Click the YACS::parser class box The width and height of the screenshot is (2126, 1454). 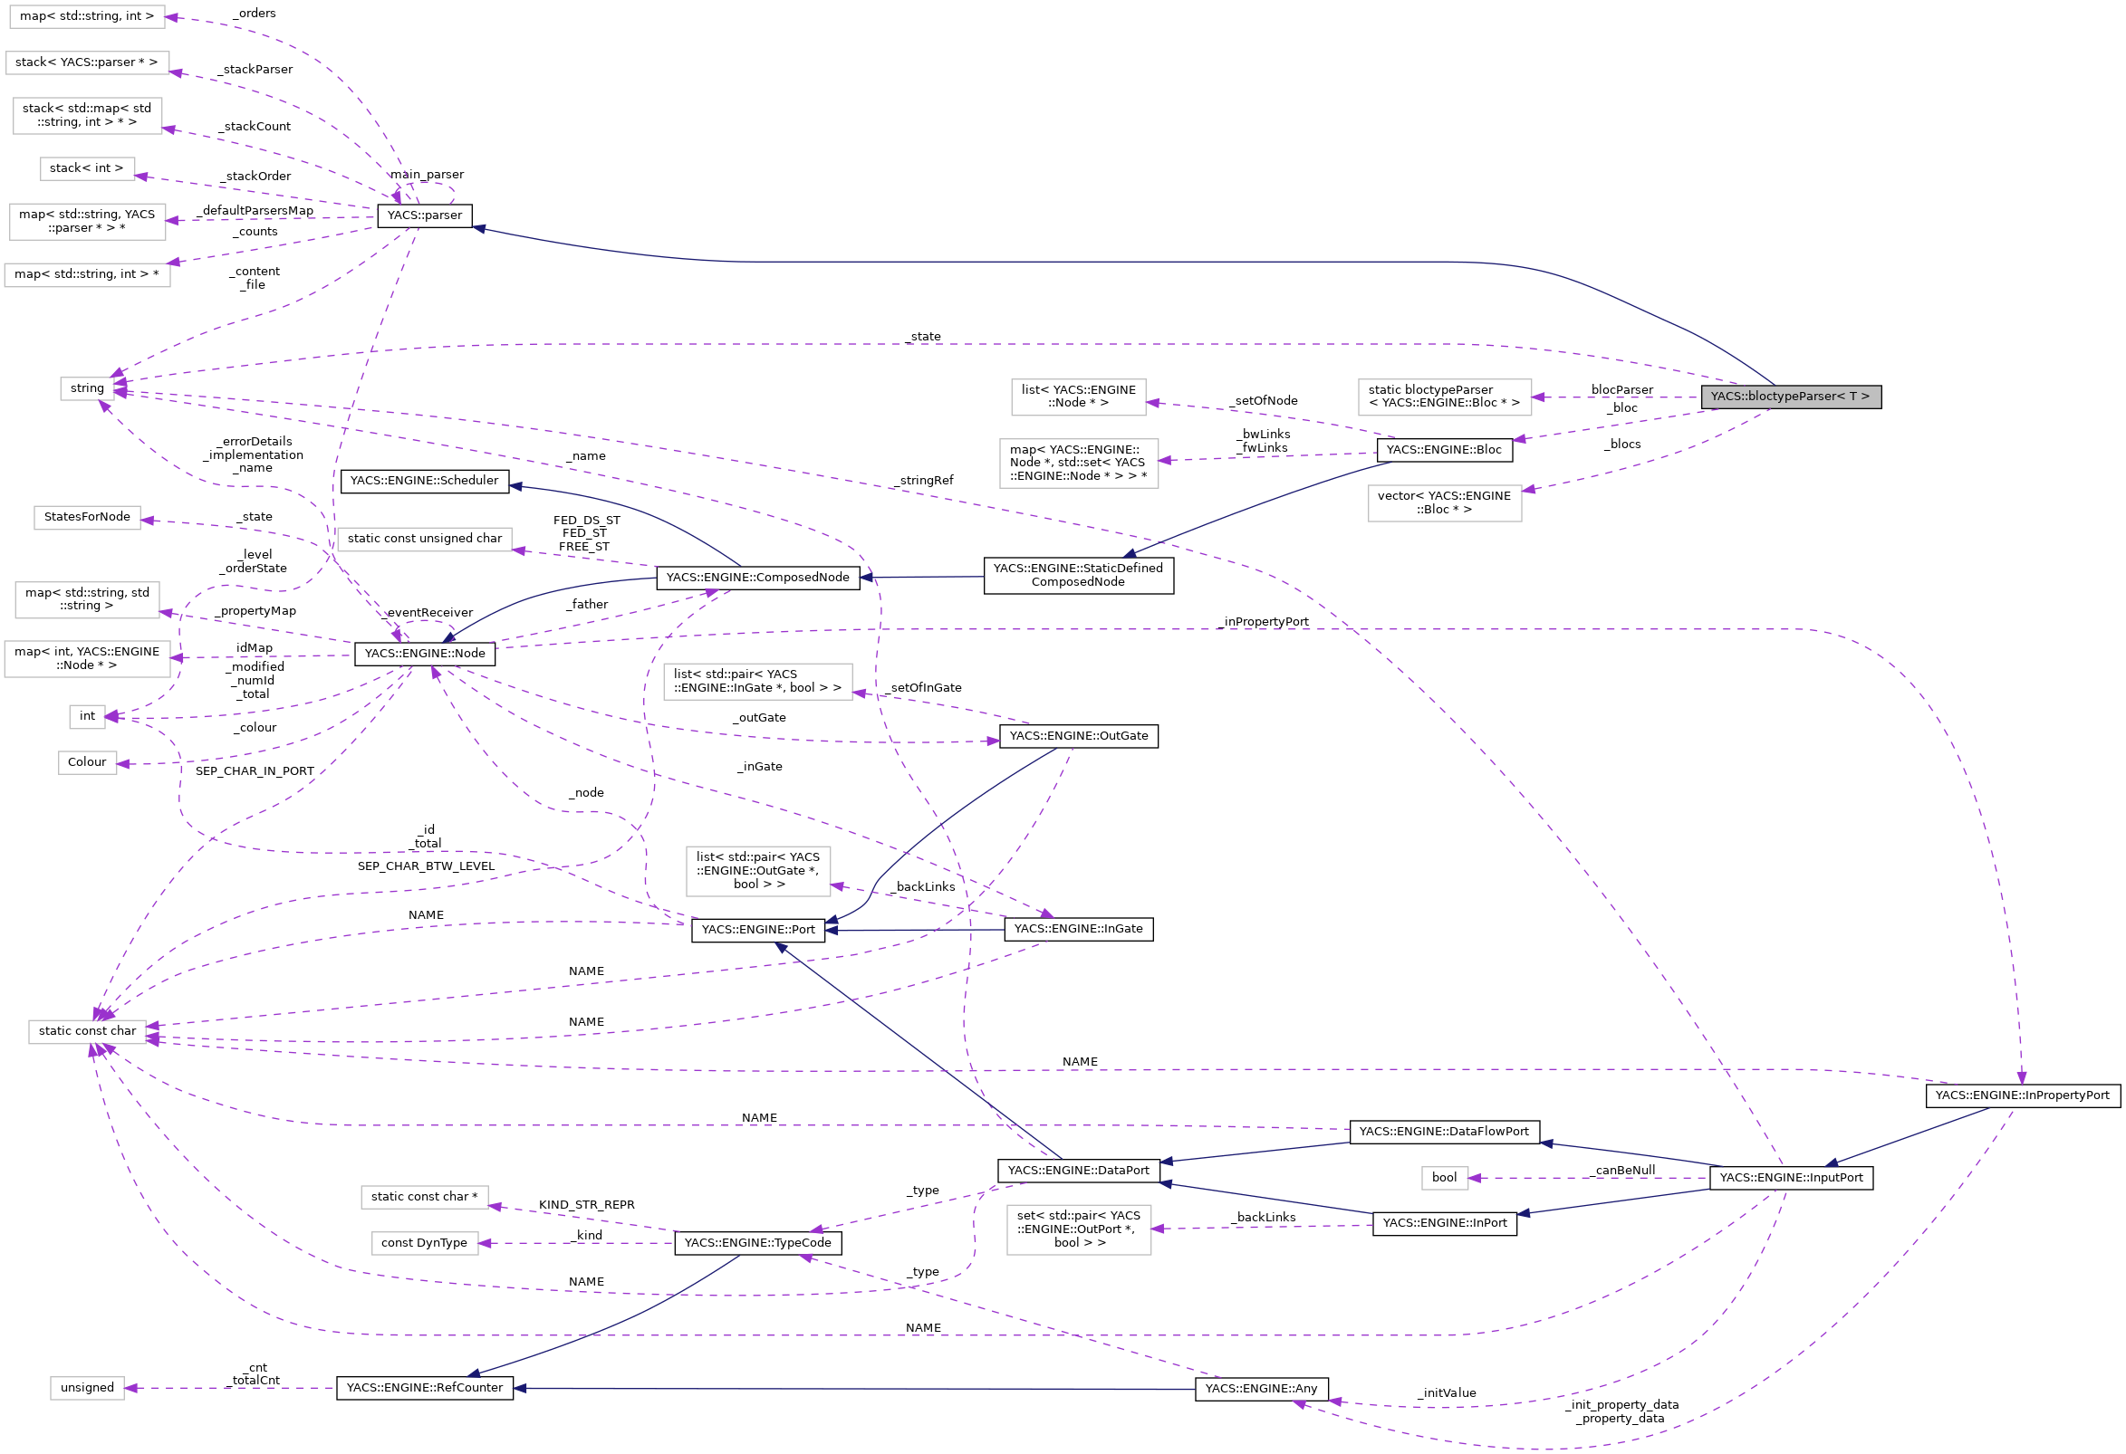pyautogui.click(x=425, y=215)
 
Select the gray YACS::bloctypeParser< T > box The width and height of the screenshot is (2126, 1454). pyautogui.click(x=1789, y=397)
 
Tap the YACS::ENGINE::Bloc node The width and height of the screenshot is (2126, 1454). pyautogui.click(x=1444, y=450)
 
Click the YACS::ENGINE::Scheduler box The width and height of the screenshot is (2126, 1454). pyautogui.click(x=425, y=481)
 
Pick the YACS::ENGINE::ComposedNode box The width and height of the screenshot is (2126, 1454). pyautogui.click(x=757, y=578)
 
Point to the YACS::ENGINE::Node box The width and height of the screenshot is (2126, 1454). pyautogui.click(x=425, y=654)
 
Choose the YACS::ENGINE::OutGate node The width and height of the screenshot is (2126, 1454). pyautogui.click(x=1078, y=736)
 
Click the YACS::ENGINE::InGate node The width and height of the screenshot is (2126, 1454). pyautogui.click(x=1078, y=929)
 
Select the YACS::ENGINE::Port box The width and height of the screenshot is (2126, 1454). pyautogui.click(x=757, y=930)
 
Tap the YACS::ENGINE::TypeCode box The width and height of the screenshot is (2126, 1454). pyautogui.click(x=757, y=1243)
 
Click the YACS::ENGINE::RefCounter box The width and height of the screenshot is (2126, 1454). pyautogui.click(x=425, y=1388)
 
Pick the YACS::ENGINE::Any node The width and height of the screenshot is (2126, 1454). pyautogui.click(x=1261, y=1389)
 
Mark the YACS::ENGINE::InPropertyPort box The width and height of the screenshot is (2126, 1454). pyautogui.click(x=2022, y=1095)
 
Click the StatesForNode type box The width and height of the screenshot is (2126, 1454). pyautogui.click(x=87, y=518)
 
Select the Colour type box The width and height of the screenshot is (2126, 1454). pyautogui.click(x=87, y=762)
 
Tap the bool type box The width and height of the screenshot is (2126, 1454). pyautogui.click(x=1444, y=1178)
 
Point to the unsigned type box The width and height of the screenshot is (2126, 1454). pyautogui.click(x=87, y=1388)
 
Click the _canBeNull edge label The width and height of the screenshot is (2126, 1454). pyautogui.click(x=1624, y=1171)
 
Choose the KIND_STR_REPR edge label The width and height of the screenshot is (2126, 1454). pyautogui.click(x=586, y=1205)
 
